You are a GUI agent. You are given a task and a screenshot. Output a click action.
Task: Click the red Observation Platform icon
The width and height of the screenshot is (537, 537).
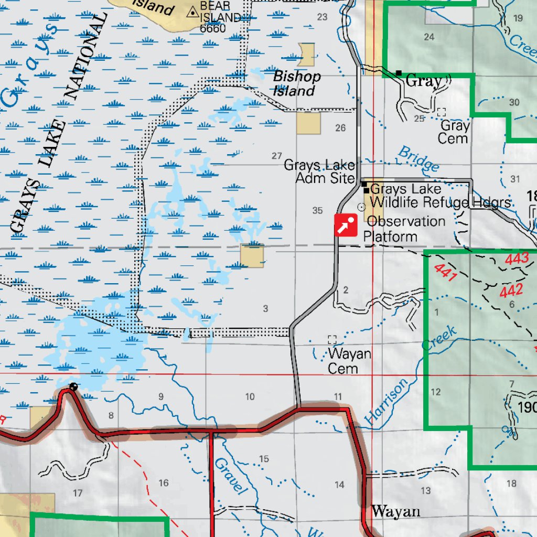[x=346, y=225]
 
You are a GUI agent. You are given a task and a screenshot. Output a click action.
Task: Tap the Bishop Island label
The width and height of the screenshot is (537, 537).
[x=296, y=83]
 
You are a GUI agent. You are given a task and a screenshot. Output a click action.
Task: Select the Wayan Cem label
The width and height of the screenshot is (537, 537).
[x=349, y=361]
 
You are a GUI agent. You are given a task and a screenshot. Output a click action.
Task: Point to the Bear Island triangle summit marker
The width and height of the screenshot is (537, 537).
[x=193, y=10]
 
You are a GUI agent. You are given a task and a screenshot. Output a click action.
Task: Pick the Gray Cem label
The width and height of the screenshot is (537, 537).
[x=454, y=132]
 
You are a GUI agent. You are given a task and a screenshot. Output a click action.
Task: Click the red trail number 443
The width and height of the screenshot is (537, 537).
[x=517, y=259]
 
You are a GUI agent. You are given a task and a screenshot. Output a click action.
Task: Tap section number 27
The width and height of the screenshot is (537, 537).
[x=277, y=156]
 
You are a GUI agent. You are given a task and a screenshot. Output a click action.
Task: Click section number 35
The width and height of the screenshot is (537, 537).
[x=317, y=211]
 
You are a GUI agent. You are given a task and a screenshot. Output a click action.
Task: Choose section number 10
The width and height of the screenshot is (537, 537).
[x=250, y=397]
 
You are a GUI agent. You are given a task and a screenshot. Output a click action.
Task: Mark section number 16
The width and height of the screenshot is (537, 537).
[x=164, y=483]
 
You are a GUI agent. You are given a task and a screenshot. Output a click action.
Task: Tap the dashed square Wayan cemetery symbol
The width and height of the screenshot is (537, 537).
[x=332, y=339]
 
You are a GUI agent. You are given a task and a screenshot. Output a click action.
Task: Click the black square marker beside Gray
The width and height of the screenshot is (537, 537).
[x=399, y=73]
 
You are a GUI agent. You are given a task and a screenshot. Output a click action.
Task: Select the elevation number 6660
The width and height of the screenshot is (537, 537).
[x=212, y=28]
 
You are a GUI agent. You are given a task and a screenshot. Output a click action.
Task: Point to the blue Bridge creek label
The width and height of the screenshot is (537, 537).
[x=418, y=159]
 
